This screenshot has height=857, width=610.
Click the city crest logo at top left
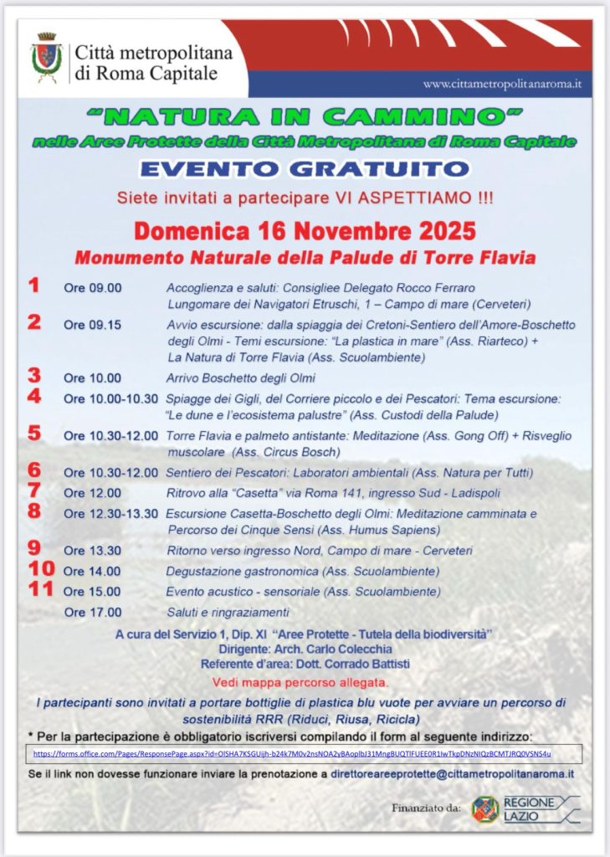(x=47, y=58)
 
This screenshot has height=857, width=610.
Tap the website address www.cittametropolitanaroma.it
(x=502, y=85)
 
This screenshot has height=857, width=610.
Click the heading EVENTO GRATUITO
(x=305, y=169)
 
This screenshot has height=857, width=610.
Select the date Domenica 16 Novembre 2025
(x=305, y=231)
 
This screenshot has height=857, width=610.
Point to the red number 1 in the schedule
(x=33, y=286)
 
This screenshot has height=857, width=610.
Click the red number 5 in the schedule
(x=34, y=434)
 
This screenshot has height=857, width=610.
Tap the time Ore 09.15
(x=92, y=326)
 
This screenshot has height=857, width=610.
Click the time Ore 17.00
(x=92, y=612)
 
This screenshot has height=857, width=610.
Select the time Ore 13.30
(x=92, y=551)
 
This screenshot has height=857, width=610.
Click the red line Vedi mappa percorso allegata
(x=300, y=682)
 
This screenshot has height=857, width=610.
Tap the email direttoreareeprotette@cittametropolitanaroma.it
(x=451, y=775)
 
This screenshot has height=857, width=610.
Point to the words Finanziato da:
(x=426, y=808)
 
